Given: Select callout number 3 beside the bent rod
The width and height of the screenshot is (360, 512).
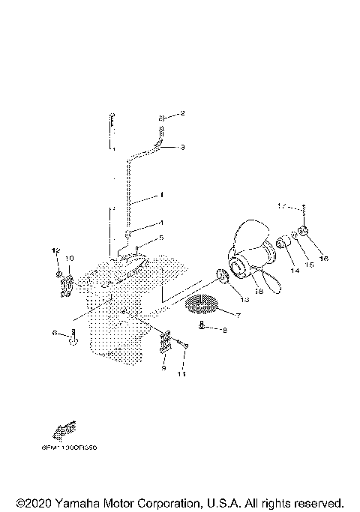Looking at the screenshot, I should [182, 148].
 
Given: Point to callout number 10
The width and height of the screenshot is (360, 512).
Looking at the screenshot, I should [69, 258].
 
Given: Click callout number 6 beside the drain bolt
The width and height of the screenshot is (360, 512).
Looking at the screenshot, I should [55, 332].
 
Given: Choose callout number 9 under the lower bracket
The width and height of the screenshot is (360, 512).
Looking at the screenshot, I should [164, 367].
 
